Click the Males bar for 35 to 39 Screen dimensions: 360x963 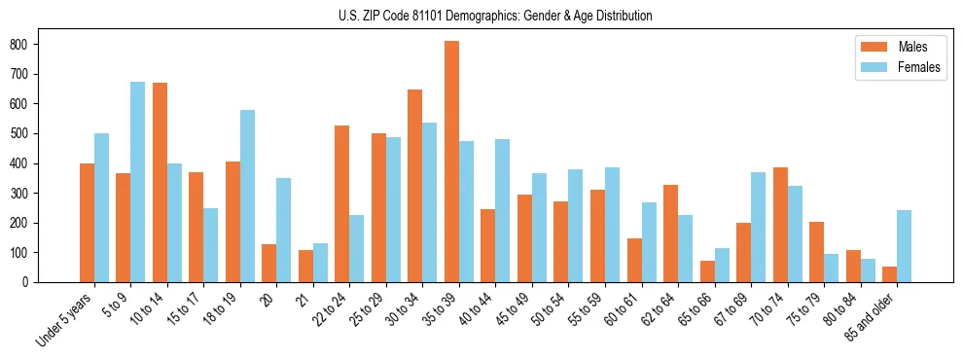452,162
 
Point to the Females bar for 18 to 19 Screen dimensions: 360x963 247,196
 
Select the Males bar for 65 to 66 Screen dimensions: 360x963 707,271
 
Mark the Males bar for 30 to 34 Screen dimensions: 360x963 415,186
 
